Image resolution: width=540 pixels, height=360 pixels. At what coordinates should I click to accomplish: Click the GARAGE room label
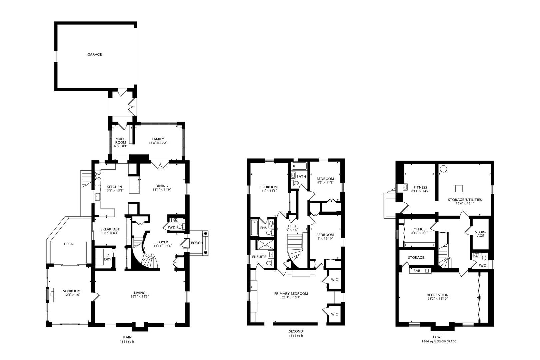point(95,54)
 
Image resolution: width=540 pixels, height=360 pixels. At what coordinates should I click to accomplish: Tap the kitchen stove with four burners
point(98,176)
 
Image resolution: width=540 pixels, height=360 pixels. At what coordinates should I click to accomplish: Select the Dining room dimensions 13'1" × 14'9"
point(162,190)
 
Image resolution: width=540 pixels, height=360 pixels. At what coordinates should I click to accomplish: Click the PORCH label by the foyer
point(197,243)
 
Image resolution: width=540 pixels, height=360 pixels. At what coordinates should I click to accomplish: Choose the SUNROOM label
point(72,291)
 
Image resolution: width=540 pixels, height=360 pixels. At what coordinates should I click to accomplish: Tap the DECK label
point(68,244)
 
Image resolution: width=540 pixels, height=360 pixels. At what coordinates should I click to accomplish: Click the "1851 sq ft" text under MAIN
point(127,342)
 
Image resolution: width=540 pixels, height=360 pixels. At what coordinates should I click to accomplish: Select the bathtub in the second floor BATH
point(299,166)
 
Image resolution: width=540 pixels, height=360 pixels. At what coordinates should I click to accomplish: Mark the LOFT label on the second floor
point(292,226)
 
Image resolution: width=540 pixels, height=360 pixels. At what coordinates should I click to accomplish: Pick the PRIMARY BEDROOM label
point(291,294)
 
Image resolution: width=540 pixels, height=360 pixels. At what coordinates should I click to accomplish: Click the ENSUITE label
point(259,257)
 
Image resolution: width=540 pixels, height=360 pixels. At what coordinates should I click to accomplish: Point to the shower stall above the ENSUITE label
point(265,245)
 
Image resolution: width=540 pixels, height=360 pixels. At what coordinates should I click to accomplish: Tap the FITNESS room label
point(420,187)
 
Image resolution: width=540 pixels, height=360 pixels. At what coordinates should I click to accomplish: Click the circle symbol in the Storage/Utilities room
point(443,169)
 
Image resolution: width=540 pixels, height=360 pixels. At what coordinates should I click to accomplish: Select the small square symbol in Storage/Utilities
point(459,189)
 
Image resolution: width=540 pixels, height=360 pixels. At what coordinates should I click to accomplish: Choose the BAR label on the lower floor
point(417,271)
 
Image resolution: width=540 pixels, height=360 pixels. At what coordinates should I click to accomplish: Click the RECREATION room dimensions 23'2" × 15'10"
point(438,299)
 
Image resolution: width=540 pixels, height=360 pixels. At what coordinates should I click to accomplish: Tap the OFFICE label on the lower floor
point(419,229)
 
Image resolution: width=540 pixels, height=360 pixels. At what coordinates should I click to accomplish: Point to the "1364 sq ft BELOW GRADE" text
point(439,341)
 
